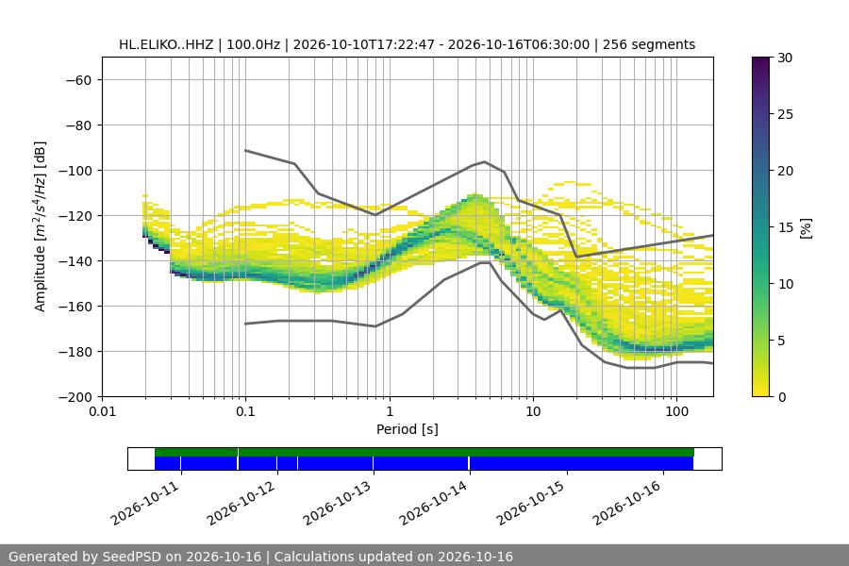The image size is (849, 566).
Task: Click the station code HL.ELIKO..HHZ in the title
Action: pos(166,44)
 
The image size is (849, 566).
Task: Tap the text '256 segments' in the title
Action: pos(649,44)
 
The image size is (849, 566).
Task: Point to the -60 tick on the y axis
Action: pos(78,80)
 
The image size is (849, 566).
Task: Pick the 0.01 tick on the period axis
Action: pos(102,411)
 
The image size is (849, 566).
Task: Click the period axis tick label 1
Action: pos(390,411)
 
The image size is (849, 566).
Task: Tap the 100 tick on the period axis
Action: pos(676,411)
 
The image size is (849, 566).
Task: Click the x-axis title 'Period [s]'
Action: pos(408,429)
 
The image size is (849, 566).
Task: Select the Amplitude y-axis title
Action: pos(40,226)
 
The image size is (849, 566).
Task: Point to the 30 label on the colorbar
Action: pos(785,58)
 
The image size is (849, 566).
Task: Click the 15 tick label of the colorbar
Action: pos(785,227)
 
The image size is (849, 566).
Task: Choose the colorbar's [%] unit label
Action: pos(807,227)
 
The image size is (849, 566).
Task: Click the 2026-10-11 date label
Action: pos(144,503)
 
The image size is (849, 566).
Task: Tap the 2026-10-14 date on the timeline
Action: pos(433,503)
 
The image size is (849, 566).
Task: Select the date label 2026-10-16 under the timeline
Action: pos(626,503)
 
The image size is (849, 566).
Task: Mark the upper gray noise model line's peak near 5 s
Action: pos(485,161)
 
